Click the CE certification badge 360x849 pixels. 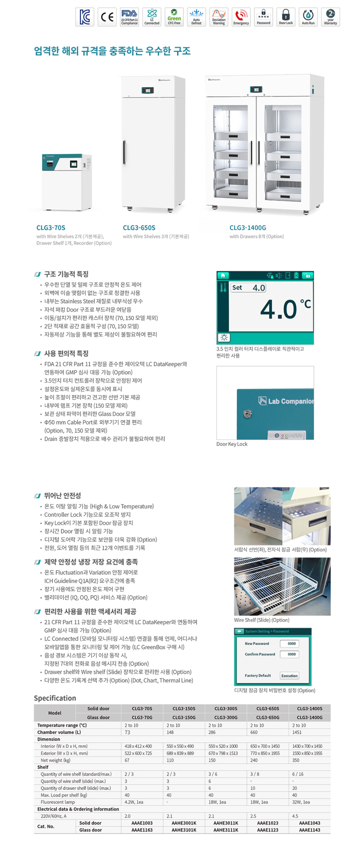click(107, 17)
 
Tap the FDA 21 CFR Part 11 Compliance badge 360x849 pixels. click(129, 17)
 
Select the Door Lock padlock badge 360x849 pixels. click(286, 17)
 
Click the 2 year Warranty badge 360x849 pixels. click(330, 17)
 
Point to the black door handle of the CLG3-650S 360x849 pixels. click(124, 152)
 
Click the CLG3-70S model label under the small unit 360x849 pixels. click(51, 228)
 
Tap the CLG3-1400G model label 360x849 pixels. click(248, 228)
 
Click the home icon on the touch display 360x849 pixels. click(223, 275)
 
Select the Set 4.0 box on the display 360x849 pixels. click(248, 288)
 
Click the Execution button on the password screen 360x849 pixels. click(289, 676)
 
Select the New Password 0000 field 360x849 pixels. click(291, 644)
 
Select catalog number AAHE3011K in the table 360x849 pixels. click(226, 823)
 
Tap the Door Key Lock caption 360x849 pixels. click(232, 444)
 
